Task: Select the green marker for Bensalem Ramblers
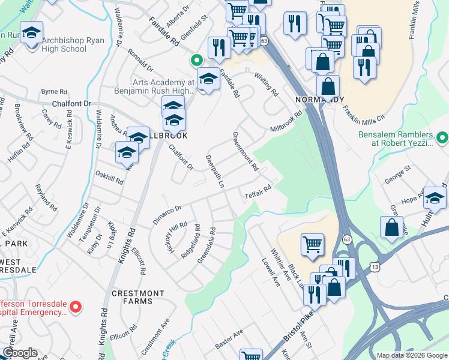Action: point(442,139)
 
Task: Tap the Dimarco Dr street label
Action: point(166,214)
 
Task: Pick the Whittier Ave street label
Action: point(280,260)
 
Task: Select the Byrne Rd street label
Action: point(54,92)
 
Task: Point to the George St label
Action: point(397,174)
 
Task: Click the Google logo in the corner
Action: point(20,353)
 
